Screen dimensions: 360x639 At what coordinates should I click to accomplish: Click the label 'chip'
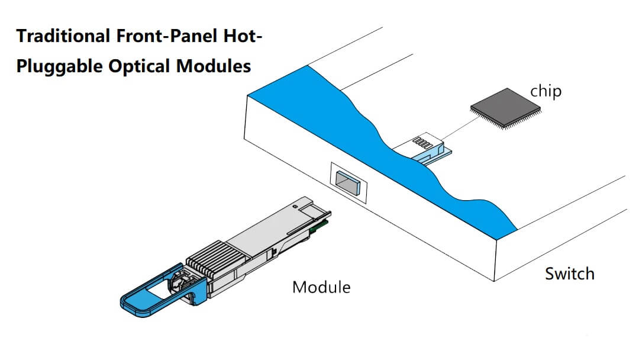click(546, 92)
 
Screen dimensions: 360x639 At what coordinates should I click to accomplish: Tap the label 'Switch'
click(569, 274)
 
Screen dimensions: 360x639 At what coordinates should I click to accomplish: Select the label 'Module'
click(321, 288)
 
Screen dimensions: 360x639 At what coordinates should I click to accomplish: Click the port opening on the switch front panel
click(348, 182)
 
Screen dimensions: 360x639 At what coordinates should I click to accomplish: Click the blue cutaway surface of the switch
click(379, 148)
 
